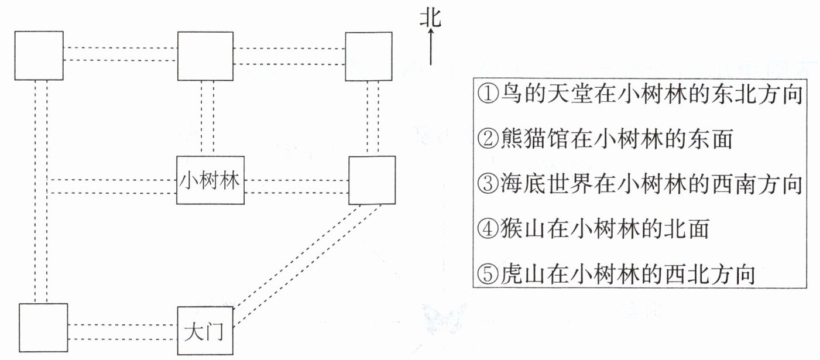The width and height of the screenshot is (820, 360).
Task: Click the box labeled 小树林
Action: pos(210,180)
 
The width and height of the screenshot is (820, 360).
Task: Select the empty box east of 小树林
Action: pos(372,180)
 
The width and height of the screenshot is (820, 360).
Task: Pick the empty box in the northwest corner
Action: pos(39,56)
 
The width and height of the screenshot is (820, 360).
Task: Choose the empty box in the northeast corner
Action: pos(369,56)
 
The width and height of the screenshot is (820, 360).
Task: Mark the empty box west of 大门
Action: pos(43,328)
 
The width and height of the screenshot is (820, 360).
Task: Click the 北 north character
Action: pos(430,19)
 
